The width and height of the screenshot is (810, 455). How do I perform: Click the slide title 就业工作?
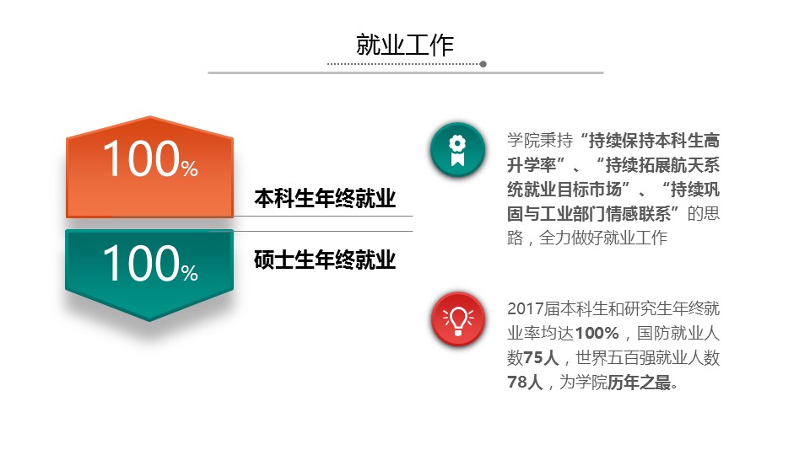click(x=404, y=45)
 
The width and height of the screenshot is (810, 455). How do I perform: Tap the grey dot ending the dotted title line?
click(x=483, y=64)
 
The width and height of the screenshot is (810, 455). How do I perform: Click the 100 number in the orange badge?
click(x=141, y=159)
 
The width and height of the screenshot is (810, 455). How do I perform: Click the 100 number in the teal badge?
click(x=141, y=263)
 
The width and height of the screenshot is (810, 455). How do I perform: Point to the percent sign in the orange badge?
click(x=190, y=169)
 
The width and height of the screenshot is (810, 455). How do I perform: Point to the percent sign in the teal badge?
click(x=190, y=273)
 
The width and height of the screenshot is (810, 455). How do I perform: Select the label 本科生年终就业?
click(x=325, y=199)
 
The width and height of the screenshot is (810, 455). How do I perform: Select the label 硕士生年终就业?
click(x=325, y=260)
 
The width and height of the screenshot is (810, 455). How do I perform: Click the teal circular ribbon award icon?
click(x=457, y=150)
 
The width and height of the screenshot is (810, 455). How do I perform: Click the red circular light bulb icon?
click(x=457, y=318)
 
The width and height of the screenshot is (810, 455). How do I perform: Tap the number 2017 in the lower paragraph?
click(x=525, y=308)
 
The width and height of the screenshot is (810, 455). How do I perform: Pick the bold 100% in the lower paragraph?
click(x=597, y=334)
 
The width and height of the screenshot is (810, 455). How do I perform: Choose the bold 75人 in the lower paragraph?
click(x=541, y=357)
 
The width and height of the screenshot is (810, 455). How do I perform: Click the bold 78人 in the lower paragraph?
click(x=525, y=383)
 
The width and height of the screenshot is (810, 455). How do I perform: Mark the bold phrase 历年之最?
click(x=639, y=383)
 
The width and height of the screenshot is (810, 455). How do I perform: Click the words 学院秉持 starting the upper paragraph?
click(x=540, y=141)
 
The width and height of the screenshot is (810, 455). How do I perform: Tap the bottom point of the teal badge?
click(x=149, y=320)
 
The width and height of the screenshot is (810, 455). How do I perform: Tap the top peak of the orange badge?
click(x=150, y=117)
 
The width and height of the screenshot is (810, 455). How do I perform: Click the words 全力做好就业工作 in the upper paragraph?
click(x=602, y=238)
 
